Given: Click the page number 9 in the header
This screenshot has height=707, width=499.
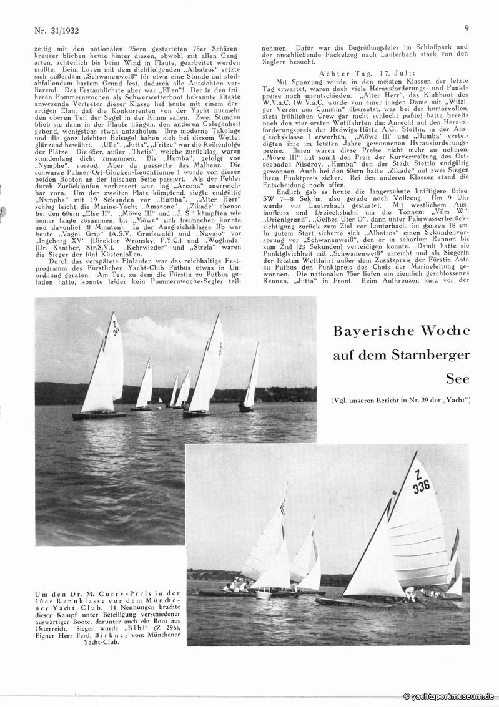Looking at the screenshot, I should coord(467,27).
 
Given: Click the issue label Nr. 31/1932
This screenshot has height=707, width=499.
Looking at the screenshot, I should coord(59,29).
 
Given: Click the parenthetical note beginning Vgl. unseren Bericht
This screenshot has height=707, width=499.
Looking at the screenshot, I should coord(401,399).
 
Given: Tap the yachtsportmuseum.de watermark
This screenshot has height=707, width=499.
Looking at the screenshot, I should coord(449,696).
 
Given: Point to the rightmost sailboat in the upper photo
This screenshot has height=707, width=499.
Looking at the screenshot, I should coord(249,387).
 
